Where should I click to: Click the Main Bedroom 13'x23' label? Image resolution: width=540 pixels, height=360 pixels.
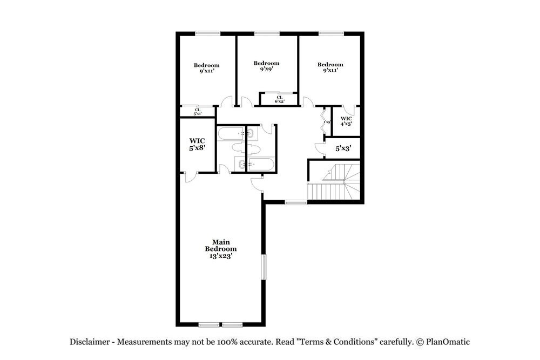pos(220,249)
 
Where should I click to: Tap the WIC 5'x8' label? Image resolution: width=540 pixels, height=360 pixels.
pos(197,144)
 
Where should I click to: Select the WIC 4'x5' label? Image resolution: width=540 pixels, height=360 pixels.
pos(346,121)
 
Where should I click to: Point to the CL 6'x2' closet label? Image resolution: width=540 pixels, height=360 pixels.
pos(279,99)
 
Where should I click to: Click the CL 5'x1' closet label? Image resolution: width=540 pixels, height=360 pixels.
pos(198,112)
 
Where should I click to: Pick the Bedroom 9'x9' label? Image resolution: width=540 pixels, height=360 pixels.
pos(266,66)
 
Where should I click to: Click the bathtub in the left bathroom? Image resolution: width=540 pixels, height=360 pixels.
pos(231,133)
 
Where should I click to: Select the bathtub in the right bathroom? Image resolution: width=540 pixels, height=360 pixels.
pos(261,165)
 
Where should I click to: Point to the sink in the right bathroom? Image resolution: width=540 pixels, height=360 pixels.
pos(252,133)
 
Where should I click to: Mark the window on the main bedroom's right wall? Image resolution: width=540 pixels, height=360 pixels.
pos(264,267)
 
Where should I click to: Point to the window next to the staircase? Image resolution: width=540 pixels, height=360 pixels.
pos(295,202)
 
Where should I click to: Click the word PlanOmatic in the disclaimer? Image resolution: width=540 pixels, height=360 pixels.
pos(447,342)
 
